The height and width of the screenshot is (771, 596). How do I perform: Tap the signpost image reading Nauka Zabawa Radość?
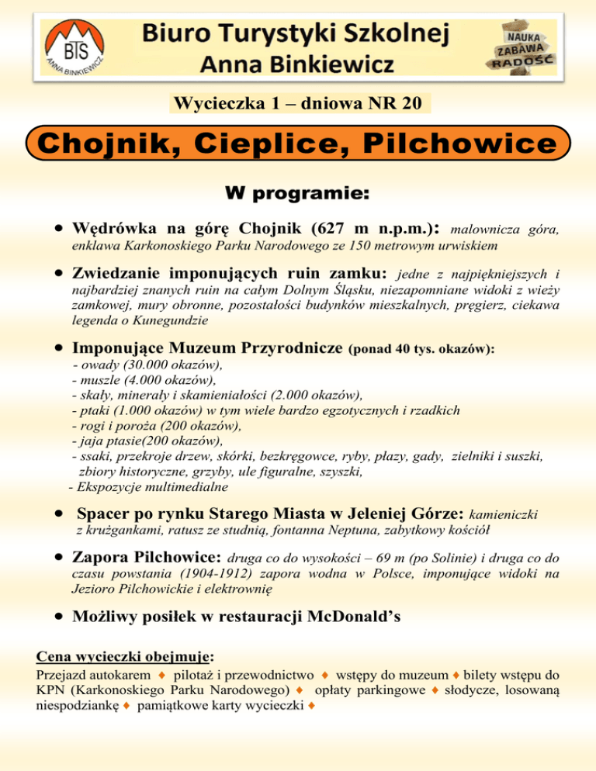521,47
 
